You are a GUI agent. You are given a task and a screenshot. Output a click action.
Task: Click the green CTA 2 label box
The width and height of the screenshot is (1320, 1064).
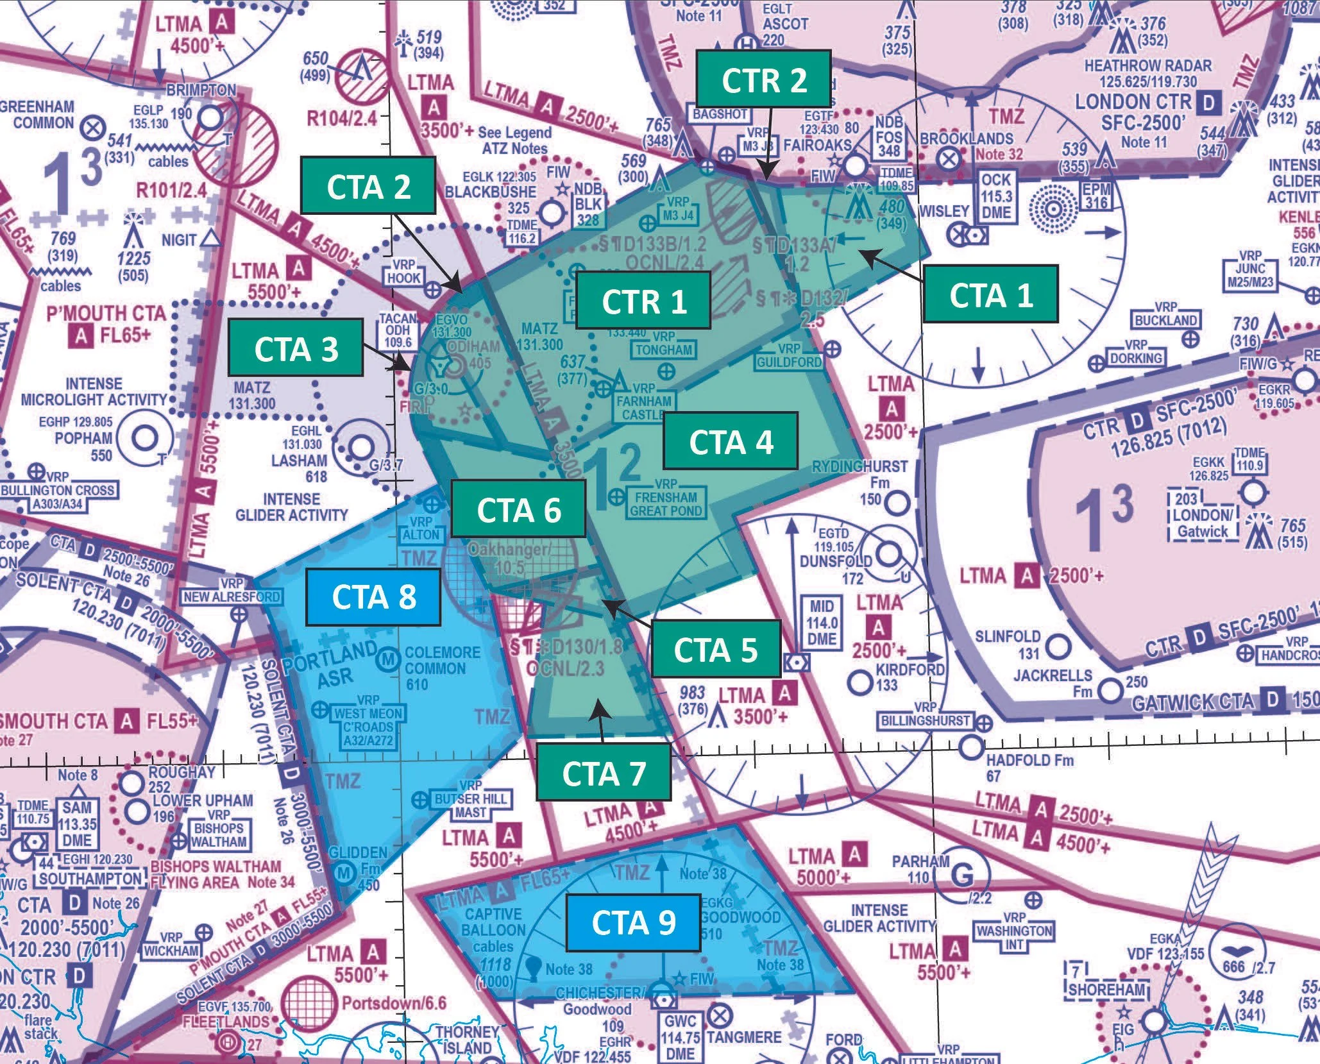(x=368, y=187)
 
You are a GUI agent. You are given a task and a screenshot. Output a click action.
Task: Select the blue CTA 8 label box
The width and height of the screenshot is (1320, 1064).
(x=373, y=597)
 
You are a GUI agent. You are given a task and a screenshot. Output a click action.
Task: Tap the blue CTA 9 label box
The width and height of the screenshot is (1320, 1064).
(x=633, y=922)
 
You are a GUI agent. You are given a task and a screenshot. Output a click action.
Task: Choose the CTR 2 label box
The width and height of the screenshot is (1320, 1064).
(x=764, y=80)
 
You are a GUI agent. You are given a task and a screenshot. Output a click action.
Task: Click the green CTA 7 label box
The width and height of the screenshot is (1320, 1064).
(x=603, y=773)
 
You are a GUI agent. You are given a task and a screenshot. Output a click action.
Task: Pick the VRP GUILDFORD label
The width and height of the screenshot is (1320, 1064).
(x=789, y=356)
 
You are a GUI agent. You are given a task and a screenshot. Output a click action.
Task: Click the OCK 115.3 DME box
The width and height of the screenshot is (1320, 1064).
(x=996, y=196)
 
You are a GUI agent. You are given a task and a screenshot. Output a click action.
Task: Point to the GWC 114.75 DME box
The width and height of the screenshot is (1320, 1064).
(x=681, y=1036)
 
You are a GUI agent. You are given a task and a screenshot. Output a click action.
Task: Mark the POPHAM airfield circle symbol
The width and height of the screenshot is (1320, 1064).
(x=146, y=439)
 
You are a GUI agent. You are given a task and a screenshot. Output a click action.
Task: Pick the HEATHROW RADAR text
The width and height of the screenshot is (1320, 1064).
(x=1147, y=66)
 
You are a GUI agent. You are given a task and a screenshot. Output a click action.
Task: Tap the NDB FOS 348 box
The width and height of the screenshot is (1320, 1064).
(x=889, y=137)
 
